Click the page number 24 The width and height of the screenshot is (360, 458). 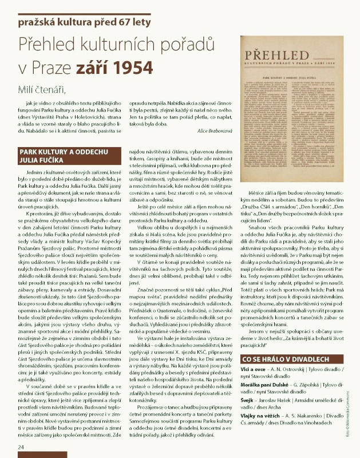(21, 447)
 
